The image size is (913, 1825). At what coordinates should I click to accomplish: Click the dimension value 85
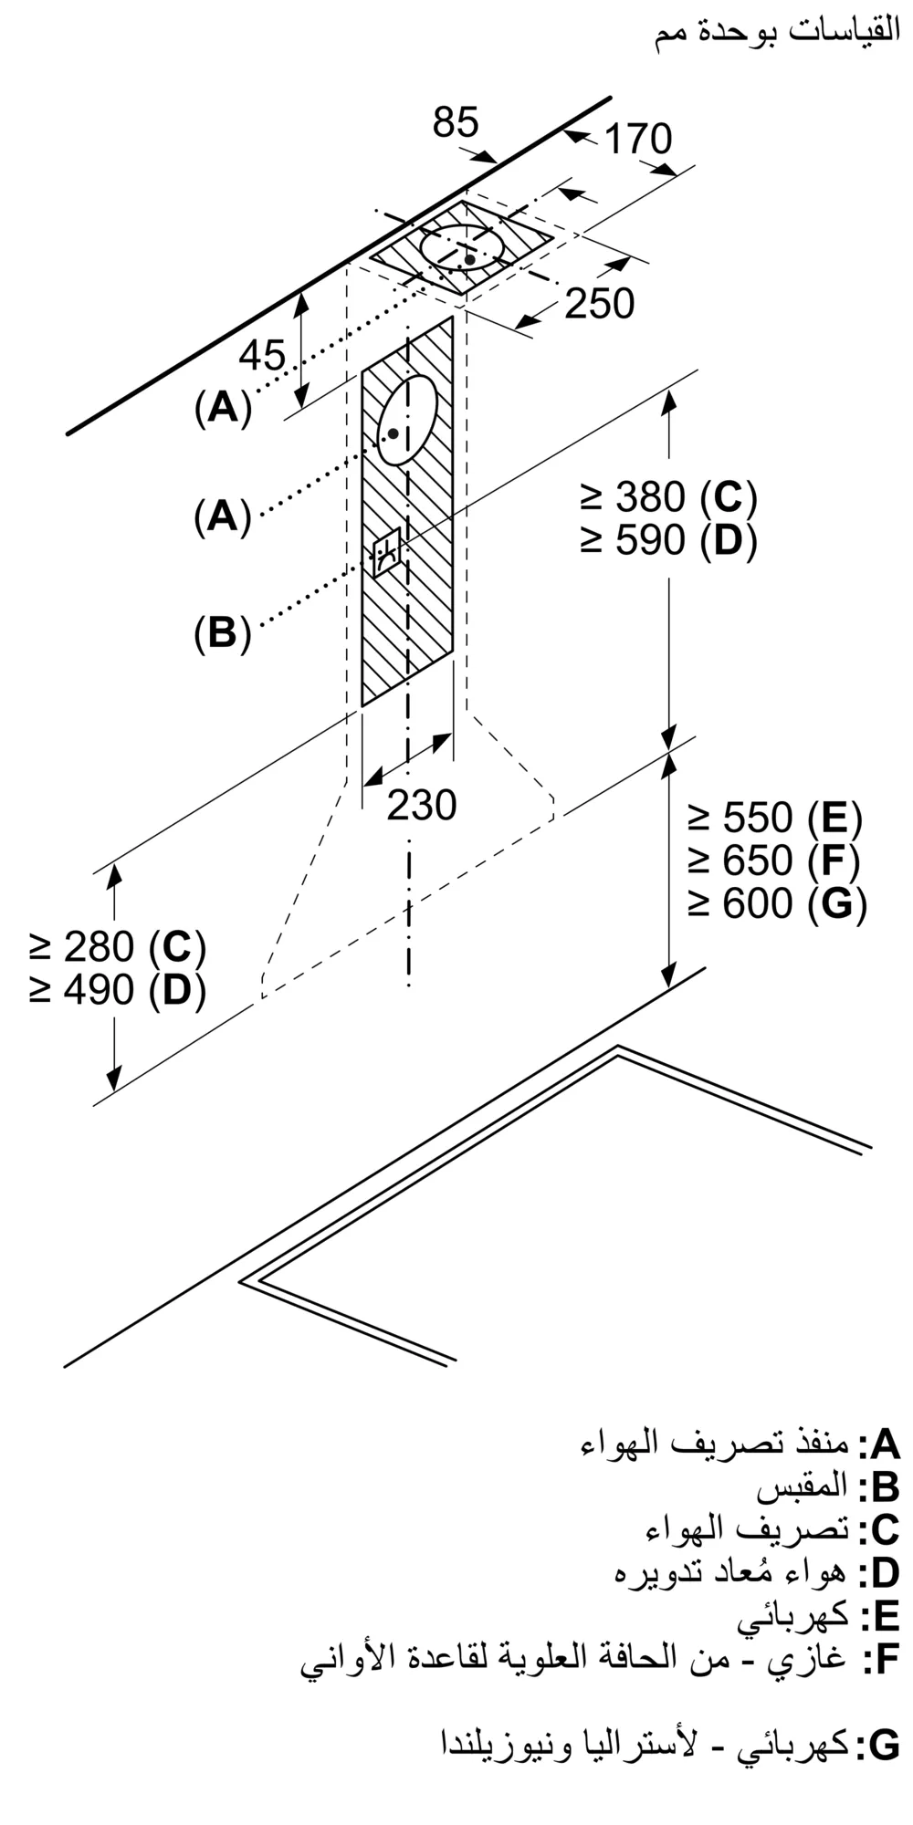pyautogui.click(x=456, y=122)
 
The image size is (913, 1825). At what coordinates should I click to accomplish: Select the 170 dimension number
pyautogui.click(x=638, y=140)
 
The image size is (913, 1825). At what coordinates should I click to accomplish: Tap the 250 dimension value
pyautogui.click(x=599, y=304)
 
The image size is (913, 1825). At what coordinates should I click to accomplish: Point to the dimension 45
pyautogui.click(x=262, y=355)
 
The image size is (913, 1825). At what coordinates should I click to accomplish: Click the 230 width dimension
pyautogui.click(x=421, y=805)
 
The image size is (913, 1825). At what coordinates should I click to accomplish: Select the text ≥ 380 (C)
pyautogui.click(x=668, y=497)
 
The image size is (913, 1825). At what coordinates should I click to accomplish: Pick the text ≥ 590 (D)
pyautogui.click(x=668, y=541)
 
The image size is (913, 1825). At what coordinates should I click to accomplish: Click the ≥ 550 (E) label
pyautogui.click(x=774, y=818)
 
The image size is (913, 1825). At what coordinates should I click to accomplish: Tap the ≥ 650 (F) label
pyautogui.click(x=774, y=860)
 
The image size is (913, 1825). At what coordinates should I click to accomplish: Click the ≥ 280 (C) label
pyautogui.click(x=117, y=947)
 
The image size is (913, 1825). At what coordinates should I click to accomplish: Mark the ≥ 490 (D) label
pyautogui.click(x=117, y=990)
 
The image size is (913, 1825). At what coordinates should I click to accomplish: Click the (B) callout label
pyautogui.click(x=222, y=632)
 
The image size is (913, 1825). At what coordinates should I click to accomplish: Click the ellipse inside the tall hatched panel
pyautogui.click(x=408, y=420)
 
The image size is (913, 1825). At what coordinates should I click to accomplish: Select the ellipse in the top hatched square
pyautogui.click(x=462, y=247)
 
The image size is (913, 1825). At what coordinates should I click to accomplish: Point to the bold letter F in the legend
pyautogui.click(x=885, y=1660)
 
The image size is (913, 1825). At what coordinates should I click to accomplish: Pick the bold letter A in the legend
pyautogui.click(x=885, y=1444)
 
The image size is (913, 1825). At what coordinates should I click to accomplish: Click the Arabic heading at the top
pyautogui.click(x=777, y=34)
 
